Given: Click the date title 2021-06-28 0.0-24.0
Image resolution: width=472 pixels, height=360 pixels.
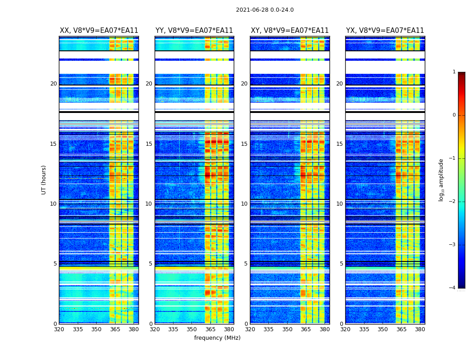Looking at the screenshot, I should tap(265, 10).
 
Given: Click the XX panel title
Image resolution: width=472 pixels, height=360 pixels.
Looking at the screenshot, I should tap(99, 31).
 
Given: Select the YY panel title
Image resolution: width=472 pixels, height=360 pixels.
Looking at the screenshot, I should tap(194, 31).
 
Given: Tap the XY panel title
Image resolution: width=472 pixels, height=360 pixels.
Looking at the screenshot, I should tap(289, 31).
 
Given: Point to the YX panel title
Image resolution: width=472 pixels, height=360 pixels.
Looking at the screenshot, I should tap(385, 31).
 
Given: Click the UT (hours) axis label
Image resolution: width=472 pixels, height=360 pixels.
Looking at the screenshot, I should tap(44, 180).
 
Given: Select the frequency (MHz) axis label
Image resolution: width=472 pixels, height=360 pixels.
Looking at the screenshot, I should tap(217, 338).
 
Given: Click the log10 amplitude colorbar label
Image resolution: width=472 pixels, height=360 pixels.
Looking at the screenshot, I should tap(441, 180).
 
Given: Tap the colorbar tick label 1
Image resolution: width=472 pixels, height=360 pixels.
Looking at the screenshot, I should tap(454, 72).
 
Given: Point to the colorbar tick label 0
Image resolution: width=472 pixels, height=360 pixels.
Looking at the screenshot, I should tap(454, 115).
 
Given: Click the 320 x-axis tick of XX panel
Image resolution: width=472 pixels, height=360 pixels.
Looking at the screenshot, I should tap(59, 329).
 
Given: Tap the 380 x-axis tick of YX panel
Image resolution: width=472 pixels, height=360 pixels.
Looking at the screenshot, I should tap(420, 329).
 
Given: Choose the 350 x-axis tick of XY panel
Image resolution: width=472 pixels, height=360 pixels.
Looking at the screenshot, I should tap(287, 329).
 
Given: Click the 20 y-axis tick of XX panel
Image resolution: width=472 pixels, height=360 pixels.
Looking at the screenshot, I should tap(53, 84).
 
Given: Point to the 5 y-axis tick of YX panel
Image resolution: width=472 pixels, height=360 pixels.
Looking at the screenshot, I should tap(341, 264).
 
